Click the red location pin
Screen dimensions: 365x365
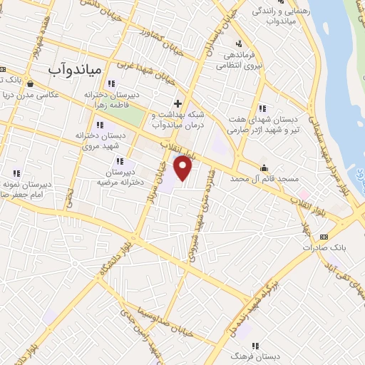coord(183,168)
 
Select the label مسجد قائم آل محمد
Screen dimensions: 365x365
coord(264,180)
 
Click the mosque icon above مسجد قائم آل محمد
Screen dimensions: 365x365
coord(264,168)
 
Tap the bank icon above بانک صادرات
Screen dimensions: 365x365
coord(324,236)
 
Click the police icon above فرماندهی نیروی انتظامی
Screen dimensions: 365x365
coord(238,44)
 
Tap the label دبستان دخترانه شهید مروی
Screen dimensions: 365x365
coord(100,139)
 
